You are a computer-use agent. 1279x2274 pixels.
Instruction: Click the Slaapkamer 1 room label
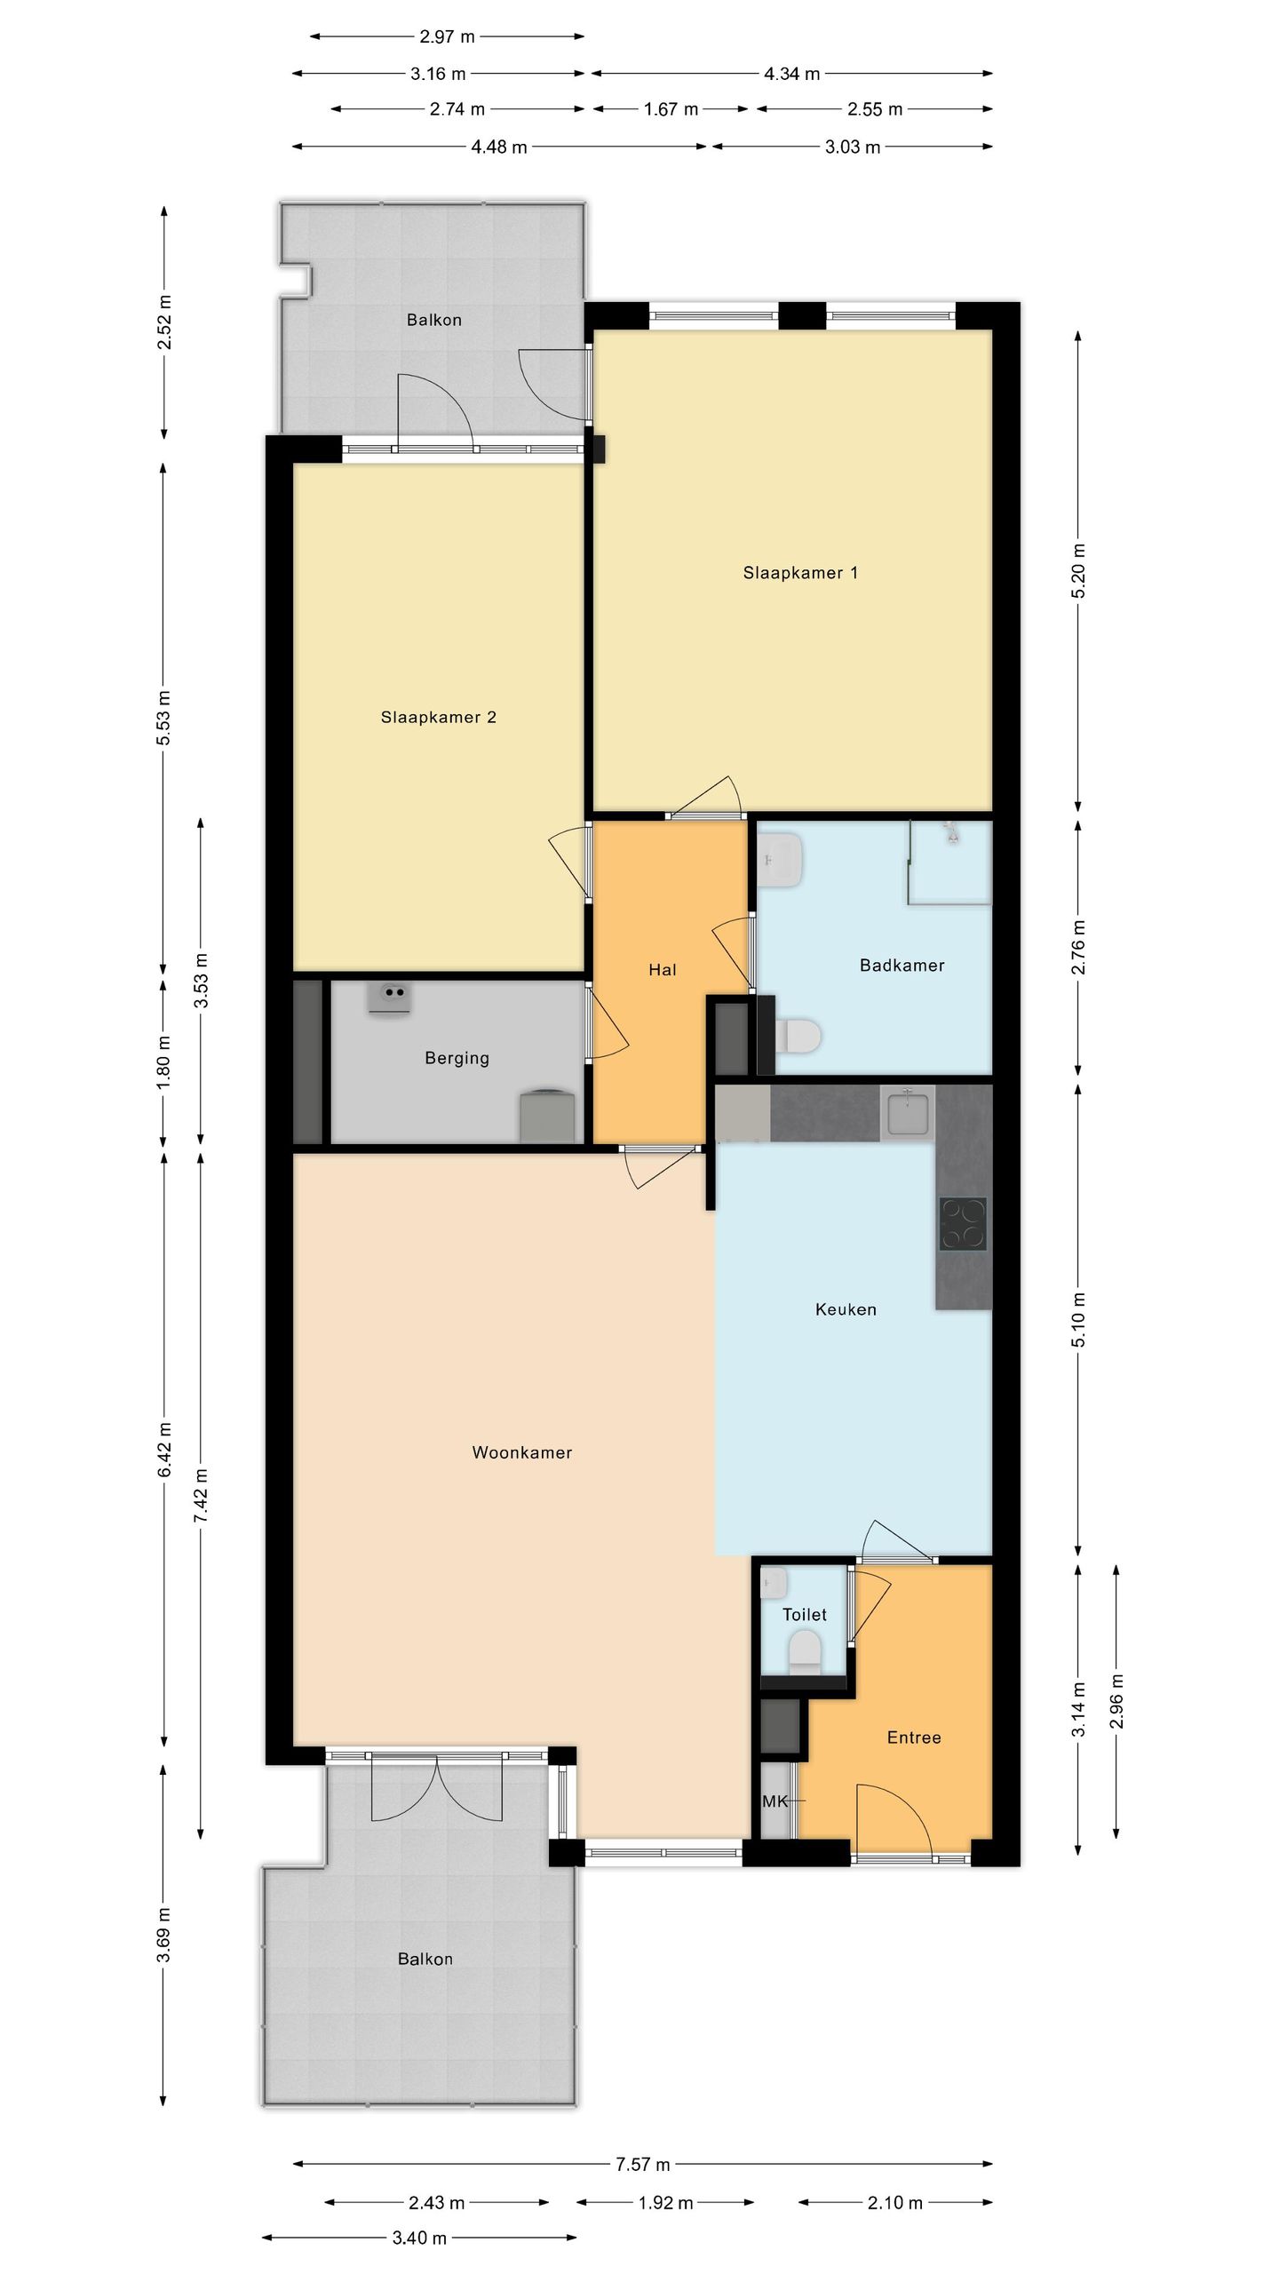(800, 573)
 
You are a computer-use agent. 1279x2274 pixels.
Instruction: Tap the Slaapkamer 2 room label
(438, 718)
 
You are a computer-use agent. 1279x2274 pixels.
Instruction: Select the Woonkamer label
(521, 1452)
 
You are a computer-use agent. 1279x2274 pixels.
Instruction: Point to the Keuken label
(846, 1308)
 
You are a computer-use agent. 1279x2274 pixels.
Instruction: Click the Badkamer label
(902, 965)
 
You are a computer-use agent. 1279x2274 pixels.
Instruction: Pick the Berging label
(457, 1058)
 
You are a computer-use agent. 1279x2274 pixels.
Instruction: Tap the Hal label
(663, 970)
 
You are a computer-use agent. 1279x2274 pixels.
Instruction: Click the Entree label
(914, 1737)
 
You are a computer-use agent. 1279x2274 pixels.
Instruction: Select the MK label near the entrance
(775, 1801)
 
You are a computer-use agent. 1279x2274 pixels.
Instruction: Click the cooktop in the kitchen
(964, 1224)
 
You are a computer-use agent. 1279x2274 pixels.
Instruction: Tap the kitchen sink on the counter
(908, 1113)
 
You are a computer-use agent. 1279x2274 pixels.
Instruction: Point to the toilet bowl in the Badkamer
(798, 1035)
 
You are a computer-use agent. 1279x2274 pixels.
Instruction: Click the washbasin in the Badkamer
(782, 860)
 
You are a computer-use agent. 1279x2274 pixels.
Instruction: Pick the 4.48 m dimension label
(499, 147)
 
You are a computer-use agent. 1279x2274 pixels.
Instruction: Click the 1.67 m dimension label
(671, 109)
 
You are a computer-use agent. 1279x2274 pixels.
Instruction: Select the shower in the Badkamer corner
(949, 862)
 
